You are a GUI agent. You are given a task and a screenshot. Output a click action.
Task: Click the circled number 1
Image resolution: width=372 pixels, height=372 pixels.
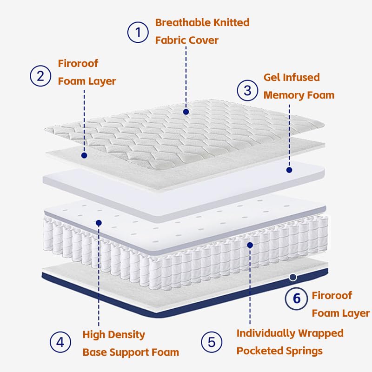click(138, 32)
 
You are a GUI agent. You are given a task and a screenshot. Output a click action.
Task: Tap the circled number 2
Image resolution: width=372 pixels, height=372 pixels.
click(40, 76)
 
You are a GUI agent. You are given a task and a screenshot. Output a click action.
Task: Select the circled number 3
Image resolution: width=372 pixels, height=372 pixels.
click(247, 90)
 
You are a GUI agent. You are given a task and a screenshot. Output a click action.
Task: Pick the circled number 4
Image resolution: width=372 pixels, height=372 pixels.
click(60, 343)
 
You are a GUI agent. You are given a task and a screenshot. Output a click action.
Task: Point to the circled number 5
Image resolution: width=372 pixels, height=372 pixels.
click(212, 343)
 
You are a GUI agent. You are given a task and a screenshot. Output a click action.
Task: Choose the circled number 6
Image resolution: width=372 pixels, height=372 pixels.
click(296, 299)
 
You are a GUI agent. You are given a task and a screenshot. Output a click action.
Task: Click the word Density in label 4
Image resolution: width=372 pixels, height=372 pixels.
click(127, 334)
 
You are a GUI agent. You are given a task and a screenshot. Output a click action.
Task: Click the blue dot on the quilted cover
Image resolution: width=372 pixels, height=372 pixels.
click(186, 112)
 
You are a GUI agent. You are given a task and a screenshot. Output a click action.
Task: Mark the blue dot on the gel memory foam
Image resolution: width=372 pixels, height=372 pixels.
click(289, 170)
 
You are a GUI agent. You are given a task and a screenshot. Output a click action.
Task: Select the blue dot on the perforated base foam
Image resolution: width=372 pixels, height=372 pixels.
click(99, 223)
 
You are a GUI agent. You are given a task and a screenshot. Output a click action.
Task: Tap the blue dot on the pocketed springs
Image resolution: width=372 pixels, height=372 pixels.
click(250, 245)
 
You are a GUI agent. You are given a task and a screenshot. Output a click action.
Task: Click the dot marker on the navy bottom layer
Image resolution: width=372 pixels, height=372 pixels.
click(292, 277)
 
